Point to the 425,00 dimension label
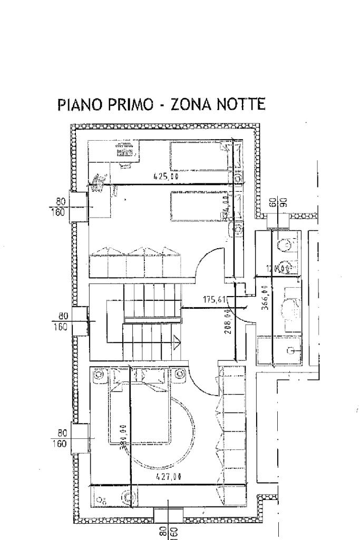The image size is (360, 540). (x=166, y=178)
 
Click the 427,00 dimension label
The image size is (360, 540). (x=169, y=477)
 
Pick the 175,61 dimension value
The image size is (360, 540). (x=215, y=300)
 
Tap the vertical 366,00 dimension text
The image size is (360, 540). (x=265, y=298)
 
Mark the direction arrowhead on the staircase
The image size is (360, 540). (x=177, y=343)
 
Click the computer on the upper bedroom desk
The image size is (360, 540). (x=125, y=152)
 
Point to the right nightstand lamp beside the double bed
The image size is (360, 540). (x=180, y=375)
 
